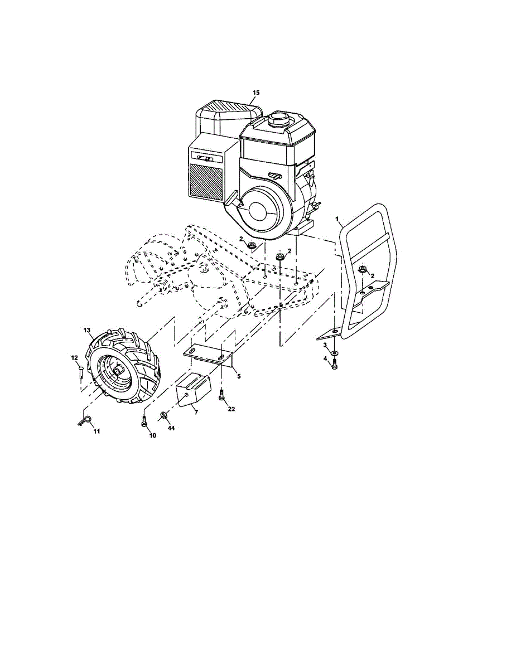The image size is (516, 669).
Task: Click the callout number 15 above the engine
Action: pyautogui.click(x=256, y=92)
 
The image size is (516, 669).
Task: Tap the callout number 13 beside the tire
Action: pyautogui.click(x=87, y=331)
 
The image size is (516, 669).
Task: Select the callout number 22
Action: pyautogui.click(x=231, y=409)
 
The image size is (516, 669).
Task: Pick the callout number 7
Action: pyautogui.click(x=195, y=411)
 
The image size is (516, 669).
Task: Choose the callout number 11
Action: pyautogui.click(x=96, y=431)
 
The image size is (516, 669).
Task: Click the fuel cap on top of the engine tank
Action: pyautogui.click(x=277, y=119)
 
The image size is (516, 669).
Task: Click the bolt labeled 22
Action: pyautogui.click(x=222, y=396)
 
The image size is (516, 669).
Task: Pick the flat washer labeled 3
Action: pyautogui.click(x=333, y=353)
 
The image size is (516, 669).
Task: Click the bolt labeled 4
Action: pyautogui.click(x=334, y=365)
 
